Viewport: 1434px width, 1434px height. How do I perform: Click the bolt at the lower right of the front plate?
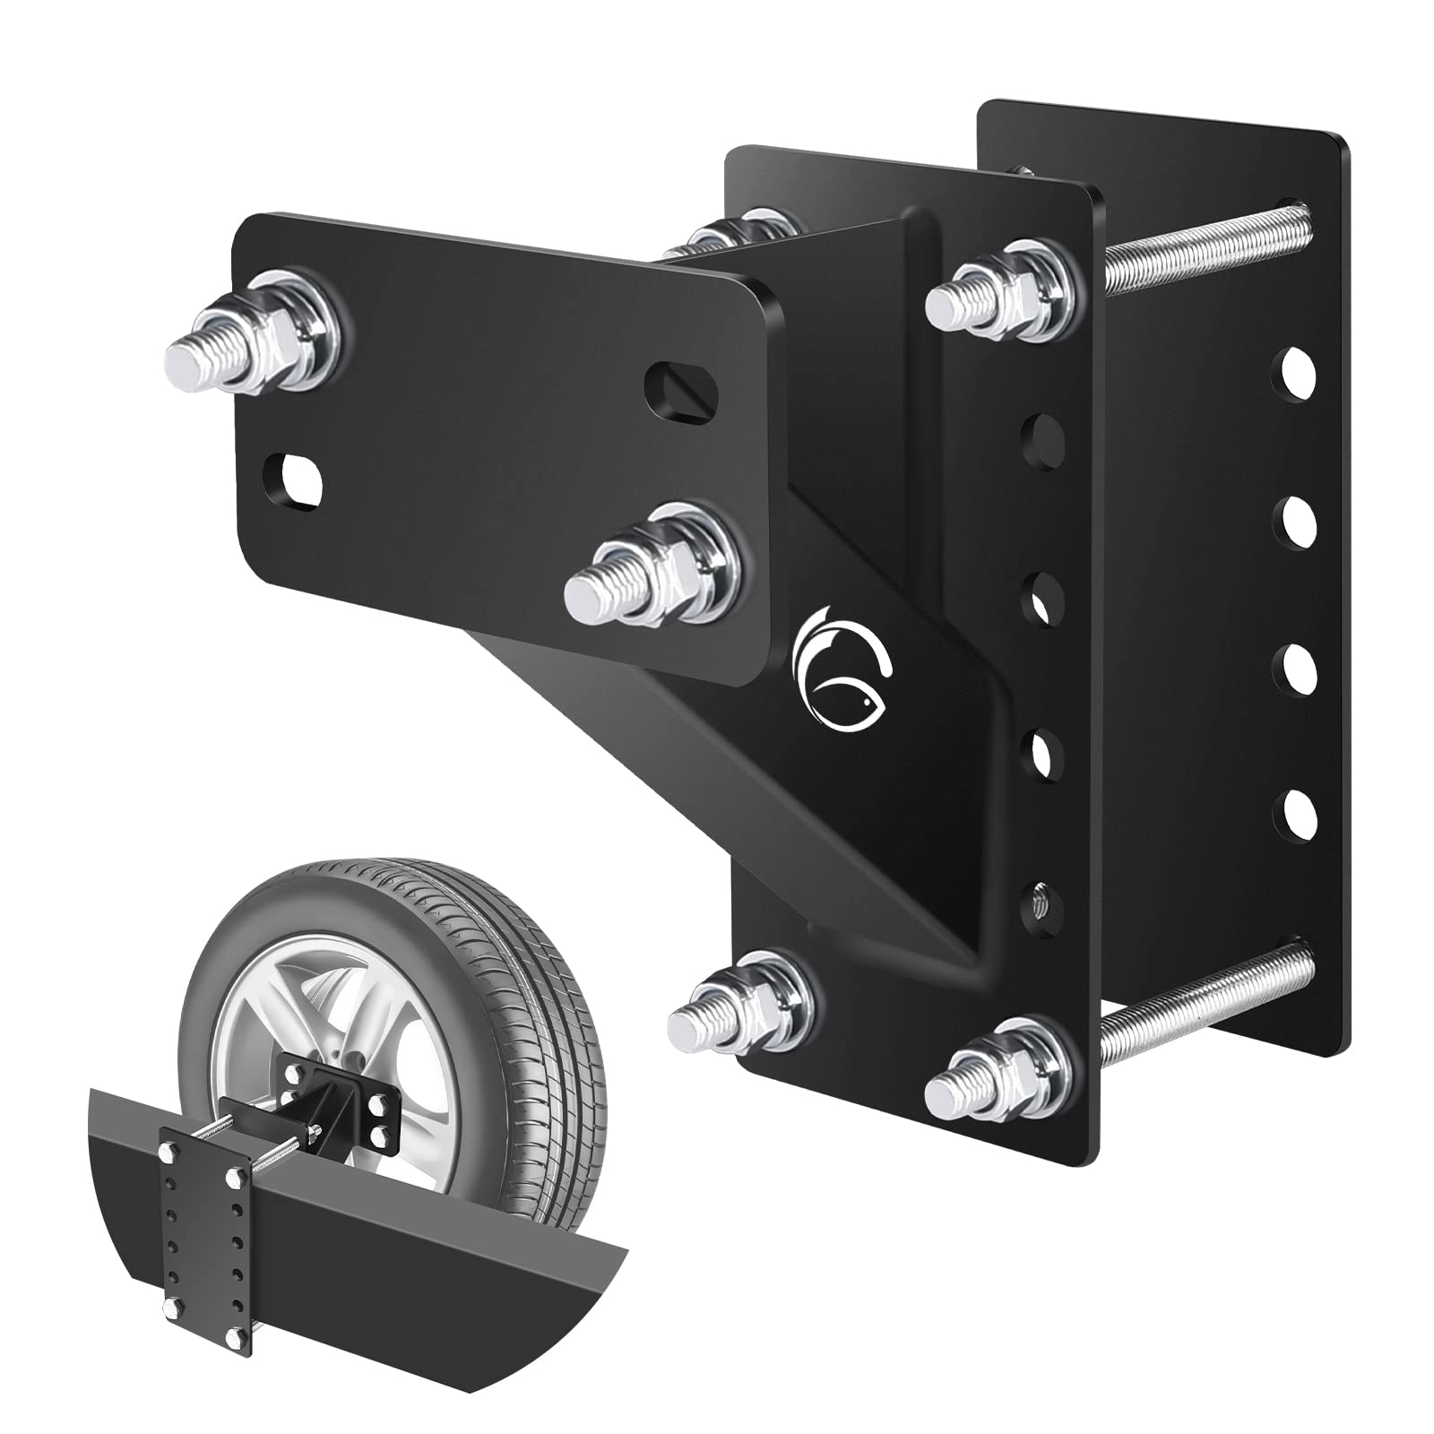(652, 565)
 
